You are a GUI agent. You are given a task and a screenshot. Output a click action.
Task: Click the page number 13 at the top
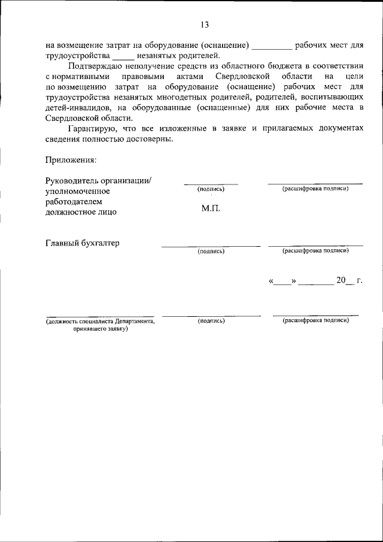[x=205, y=25]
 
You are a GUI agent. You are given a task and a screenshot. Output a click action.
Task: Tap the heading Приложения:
[x=70, y=159]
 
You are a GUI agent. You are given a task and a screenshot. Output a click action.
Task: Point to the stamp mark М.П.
[x=211, y=209]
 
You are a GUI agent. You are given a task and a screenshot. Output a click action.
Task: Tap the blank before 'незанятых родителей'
[x=124, y=56]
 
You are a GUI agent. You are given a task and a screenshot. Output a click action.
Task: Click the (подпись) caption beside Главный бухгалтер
[x=211, y=251]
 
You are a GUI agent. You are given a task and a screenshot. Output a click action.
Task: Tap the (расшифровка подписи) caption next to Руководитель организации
[x=315, y=189]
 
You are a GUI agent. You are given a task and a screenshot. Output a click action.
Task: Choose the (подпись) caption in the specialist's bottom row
[x=211, y=321]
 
